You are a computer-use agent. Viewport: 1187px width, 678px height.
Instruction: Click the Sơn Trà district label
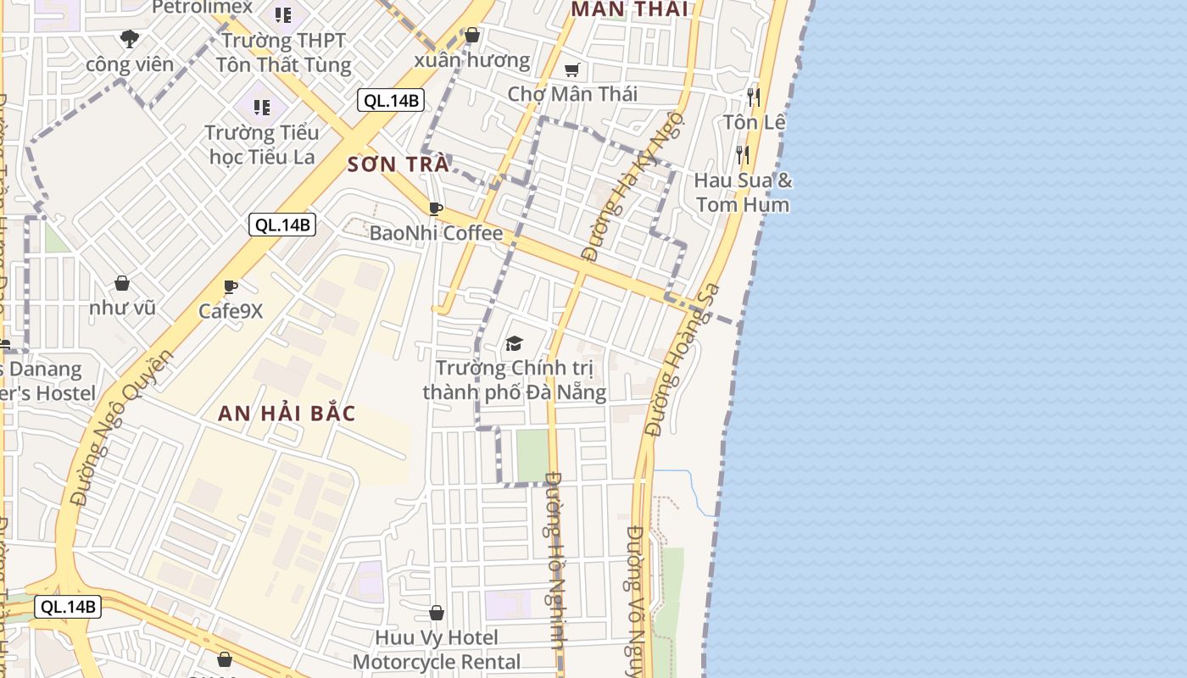(398, 164)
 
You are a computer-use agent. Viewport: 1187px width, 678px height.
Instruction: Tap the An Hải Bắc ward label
(287, 414)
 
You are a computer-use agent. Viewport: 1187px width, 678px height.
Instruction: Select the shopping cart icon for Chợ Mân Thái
(572, 69)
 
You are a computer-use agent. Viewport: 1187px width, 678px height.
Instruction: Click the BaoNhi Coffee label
(436, 233)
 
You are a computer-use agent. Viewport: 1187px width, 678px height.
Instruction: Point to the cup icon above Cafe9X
(230, 287)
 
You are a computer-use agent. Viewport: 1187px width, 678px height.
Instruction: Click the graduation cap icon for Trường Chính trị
(514, 343)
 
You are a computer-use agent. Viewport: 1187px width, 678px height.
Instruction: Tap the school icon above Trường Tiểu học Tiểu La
(262, 108)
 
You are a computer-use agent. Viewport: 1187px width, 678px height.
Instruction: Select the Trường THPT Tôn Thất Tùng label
(282, 53)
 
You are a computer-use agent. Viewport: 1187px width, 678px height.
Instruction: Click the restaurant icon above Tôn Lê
(753, 97)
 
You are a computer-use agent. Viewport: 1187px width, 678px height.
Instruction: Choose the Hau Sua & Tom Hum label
(742, 192)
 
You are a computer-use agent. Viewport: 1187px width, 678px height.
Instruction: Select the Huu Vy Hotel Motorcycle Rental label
(437, 649)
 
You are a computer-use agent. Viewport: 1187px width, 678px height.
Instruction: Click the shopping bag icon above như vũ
(122, 283)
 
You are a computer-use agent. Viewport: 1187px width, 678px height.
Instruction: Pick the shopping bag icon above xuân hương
(472, 36)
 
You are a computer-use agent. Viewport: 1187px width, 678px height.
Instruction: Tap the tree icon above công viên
(130, 38)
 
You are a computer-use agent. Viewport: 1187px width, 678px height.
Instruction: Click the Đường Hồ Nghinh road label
(554, 559)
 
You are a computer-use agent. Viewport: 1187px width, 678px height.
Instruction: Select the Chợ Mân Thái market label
(572, 93)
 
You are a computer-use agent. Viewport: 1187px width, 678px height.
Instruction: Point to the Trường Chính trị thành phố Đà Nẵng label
(514, 380)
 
